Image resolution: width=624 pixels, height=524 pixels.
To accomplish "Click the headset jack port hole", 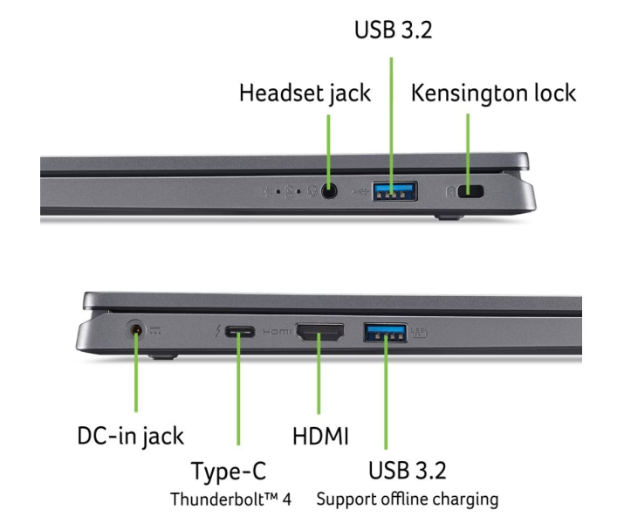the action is (329, 191).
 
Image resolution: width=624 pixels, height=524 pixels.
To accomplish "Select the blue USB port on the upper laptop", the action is (394, 191).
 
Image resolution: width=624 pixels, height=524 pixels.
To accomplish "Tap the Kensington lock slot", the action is (470, 191).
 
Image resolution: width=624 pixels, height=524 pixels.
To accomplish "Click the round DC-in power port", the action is (136, 330).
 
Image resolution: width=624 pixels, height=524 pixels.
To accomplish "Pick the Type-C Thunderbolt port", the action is (240, 331).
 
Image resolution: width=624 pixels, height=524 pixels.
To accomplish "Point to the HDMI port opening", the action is (319, 332).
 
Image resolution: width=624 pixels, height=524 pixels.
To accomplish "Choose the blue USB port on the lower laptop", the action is (385, 333).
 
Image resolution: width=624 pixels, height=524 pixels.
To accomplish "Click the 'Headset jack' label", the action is (305, 93).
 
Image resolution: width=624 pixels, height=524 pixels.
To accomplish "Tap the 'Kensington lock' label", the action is (493, 93).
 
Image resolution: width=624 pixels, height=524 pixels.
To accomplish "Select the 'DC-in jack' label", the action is (131, 436).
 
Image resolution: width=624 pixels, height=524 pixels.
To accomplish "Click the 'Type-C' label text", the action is (229, 471).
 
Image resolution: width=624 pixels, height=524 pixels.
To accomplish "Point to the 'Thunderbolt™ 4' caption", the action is (230, 500).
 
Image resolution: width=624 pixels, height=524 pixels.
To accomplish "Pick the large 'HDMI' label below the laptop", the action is (320, 436).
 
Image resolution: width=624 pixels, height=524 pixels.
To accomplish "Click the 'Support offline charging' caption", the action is (408, 500).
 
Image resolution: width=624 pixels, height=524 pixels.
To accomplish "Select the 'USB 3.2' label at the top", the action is (394, 30).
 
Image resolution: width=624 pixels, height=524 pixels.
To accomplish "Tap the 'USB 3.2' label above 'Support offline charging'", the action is (407, 470).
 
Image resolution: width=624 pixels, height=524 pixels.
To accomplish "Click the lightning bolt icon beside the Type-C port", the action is (217, 330).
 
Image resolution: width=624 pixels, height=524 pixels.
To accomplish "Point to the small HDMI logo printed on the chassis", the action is (277, 331).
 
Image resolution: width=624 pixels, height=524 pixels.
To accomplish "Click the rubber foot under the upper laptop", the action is (449, 217).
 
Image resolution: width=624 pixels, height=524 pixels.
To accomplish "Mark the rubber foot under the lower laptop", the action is (163, 356).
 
